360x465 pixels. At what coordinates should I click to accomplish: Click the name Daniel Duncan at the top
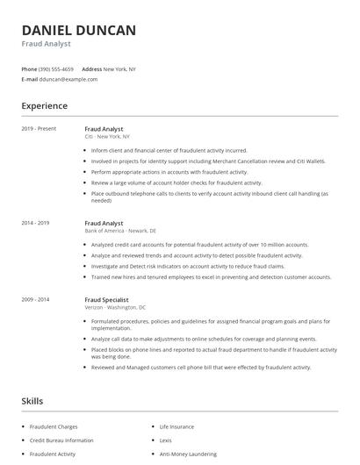click(79, 31)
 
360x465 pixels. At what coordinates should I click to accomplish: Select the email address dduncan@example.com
click(68, 79)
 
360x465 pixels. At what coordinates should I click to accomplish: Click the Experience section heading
click(45, 106)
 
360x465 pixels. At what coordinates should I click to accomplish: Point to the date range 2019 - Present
click(39, 129)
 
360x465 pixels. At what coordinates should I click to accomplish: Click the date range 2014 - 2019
click(37, 223)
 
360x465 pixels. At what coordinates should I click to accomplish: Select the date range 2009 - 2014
click(37, 299)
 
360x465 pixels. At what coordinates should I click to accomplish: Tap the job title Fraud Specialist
click(107, 299)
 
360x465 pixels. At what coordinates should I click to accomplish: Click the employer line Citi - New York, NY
click(107, 137)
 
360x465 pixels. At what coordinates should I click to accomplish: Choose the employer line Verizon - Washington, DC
click(115, 307)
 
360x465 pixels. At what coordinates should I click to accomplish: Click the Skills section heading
click(32, 401)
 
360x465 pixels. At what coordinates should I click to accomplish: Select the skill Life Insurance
click(176, 426)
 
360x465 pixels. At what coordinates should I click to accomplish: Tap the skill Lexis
click(165, 440)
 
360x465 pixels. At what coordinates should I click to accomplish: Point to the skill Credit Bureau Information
click(61, 440)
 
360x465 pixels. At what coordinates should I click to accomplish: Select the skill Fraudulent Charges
click(54, 426)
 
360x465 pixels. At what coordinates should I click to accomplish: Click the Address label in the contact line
click(91, 68)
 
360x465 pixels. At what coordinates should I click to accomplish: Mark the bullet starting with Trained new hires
click(211, 276)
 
